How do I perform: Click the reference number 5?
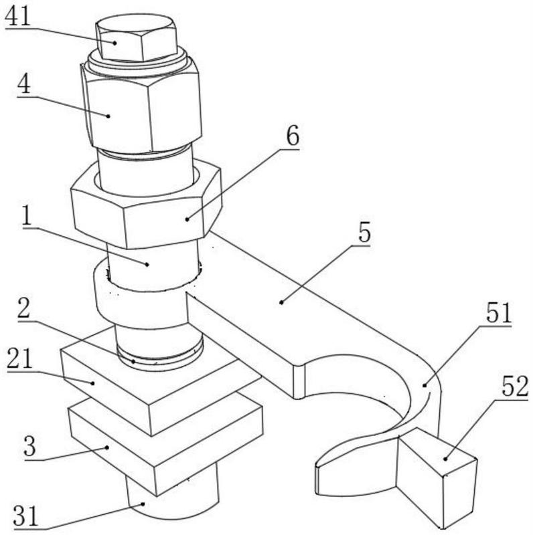(364, 234)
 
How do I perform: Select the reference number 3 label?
(29, 446)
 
